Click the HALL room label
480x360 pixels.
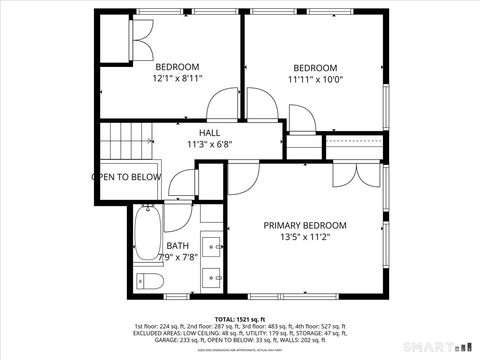(x=209, y=133)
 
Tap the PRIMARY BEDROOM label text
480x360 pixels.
(x=305, y=225)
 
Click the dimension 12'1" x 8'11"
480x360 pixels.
(x=177, y=78)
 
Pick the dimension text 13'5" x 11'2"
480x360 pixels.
(x=305, y=238)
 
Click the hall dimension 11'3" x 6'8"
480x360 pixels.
(x=209, y=145)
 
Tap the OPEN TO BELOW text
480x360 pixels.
(x=126, y=177)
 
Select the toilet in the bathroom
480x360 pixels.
(x=145, y=280)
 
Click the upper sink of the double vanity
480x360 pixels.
(x=212, y=242)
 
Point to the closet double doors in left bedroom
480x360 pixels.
(x=140, y=39)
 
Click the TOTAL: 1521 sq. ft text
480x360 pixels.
(x=239, y=317)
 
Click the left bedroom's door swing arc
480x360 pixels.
(x=222, y=109)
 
